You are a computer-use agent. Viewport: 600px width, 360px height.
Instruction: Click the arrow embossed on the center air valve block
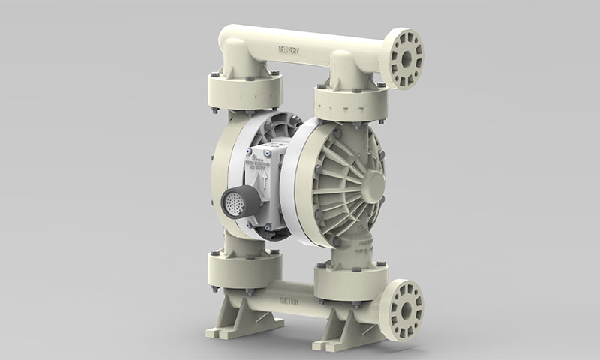click(264, 179)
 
